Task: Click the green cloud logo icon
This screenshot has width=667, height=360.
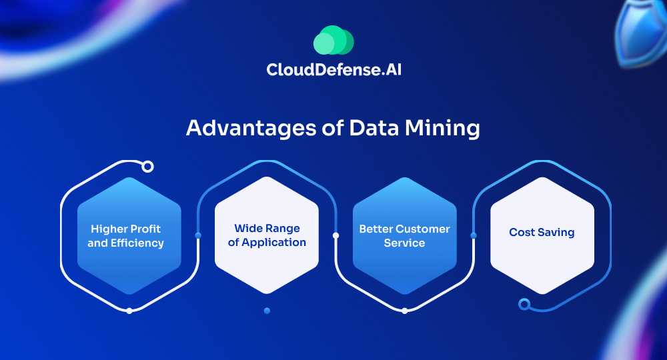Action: click(x=333, y=40)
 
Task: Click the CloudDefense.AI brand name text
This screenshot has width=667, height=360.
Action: click(x=334, y=70)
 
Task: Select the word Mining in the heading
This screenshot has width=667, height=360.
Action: click(x=442, y=128)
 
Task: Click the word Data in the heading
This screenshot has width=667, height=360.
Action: click(x=374, y=127)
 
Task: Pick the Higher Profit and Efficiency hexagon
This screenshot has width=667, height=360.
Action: click(x=129, y=235)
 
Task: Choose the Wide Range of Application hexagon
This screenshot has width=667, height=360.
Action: click(x=267, y=235)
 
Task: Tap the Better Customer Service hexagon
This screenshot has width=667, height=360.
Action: click(x=405, y=235)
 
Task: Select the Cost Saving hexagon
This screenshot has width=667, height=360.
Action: click(x=542, y=235)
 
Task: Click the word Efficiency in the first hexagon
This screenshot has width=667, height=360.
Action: click(x=137, y=243)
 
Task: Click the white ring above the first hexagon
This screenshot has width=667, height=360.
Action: click(x=147, y=167)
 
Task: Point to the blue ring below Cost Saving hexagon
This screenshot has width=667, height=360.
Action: click(x=524, y=304)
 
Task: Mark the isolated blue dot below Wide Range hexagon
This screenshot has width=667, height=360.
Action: click(x=267, y=311)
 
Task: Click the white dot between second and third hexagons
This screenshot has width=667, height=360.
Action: click(x=336, y=235)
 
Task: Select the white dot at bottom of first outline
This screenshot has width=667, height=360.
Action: click(x=129, y=311)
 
